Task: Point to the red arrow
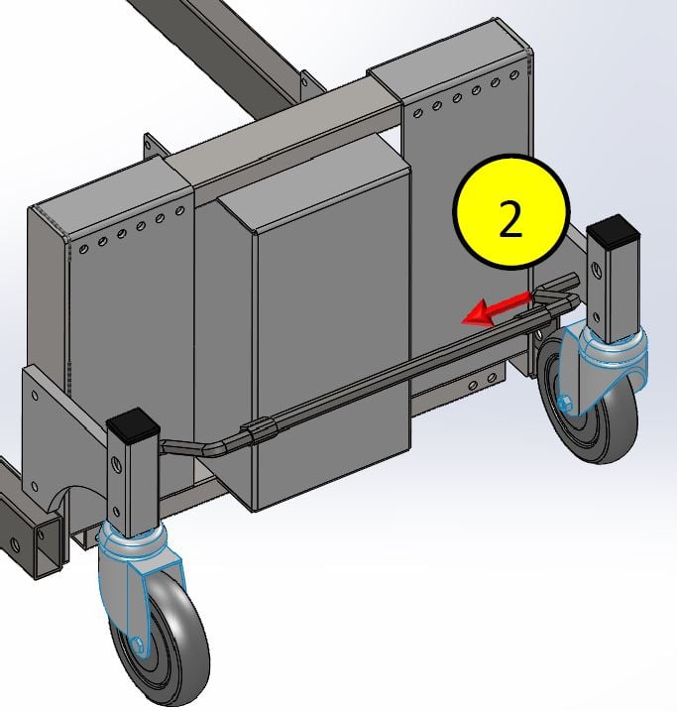(x=496, y=308)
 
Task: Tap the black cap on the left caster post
(x=134, y=424)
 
